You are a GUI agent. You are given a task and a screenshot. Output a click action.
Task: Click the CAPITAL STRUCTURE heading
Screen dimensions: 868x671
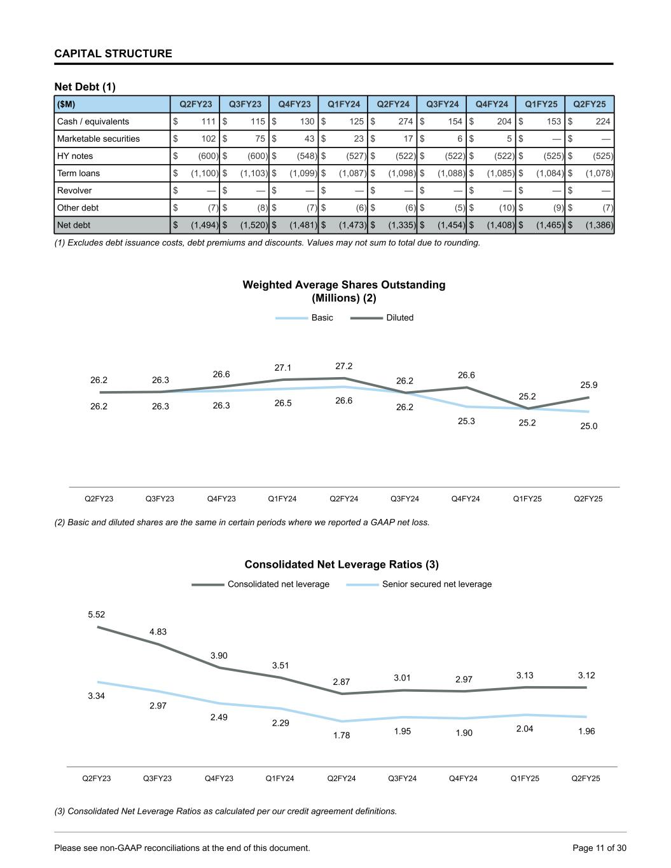point(113,53)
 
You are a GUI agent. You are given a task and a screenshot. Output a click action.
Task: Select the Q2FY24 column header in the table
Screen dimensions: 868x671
point(393,104)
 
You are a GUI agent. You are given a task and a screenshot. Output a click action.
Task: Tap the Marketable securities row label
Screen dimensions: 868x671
point(99,139)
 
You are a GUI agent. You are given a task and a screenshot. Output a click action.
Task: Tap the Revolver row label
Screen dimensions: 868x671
point(74,190)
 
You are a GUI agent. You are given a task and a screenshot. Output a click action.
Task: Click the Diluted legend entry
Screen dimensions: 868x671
point(399,317)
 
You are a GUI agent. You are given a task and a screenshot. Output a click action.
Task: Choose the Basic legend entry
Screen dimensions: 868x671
point(322,317)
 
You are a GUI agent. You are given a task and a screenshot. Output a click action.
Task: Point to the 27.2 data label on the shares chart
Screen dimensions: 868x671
point(343,366)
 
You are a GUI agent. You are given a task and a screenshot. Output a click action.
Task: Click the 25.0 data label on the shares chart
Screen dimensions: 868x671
point(589,426)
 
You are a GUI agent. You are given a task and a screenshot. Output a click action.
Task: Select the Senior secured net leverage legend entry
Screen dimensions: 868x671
point(436,584)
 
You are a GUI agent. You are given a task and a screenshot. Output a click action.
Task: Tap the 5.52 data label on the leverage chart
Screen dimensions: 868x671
point(97,614)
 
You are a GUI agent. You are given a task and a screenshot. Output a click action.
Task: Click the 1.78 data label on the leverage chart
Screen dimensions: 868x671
point(342,735)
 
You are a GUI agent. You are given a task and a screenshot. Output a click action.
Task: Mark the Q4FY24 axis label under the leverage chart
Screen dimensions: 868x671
point(463,778)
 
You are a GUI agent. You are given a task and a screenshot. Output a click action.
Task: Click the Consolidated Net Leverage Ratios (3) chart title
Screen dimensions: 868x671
point(342,564)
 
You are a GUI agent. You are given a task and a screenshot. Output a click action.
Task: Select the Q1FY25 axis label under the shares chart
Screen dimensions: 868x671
point(527,499)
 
